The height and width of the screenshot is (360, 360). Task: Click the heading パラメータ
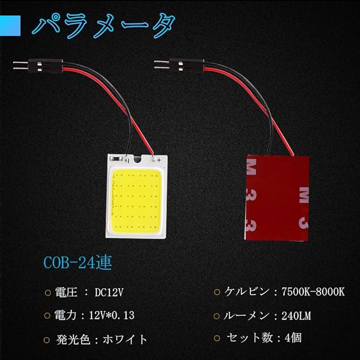pos(103,25)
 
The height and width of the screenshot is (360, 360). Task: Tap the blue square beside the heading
pos(10,25)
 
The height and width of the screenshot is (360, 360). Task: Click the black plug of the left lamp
pos(46,66)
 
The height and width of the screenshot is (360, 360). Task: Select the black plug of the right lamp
pos(187,65)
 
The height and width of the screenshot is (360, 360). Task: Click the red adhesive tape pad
pos(277,198)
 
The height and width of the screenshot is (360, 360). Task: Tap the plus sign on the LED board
pos(159,160)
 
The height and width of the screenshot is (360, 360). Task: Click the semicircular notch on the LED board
pos(137,160)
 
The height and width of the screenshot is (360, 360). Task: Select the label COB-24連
pos(77,262)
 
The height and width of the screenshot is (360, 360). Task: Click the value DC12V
pos(109,293)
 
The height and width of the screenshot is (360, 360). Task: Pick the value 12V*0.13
pos(111,315)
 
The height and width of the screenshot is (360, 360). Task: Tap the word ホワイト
pos(125,339)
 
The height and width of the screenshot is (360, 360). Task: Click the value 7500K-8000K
pos(313,292)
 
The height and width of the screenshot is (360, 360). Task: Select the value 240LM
pos(296,316)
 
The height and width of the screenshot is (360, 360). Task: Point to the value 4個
pos(293,338)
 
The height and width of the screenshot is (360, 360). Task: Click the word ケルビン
pos(247,292)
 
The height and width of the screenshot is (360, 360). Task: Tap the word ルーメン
pos(246,315)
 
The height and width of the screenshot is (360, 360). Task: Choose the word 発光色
pos(73,339)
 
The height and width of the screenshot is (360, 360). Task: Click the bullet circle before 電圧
pos(48,293)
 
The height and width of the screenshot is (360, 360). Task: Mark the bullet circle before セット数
pos(217,338)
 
